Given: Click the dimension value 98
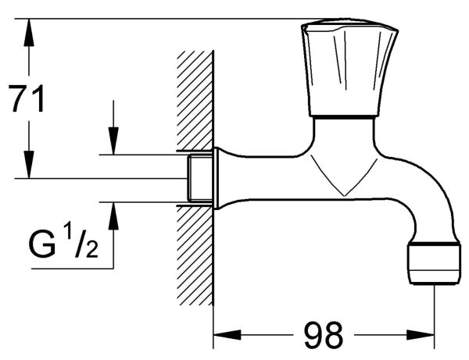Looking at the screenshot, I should tap(323, 335).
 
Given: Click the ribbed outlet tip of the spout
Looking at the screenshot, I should tap(435, 264).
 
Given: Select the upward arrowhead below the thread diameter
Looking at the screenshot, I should tap(113, 215).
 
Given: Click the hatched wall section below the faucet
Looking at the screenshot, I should tap(195, 258).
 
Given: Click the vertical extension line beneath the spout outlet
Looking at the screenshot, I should tap(434, 308).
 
